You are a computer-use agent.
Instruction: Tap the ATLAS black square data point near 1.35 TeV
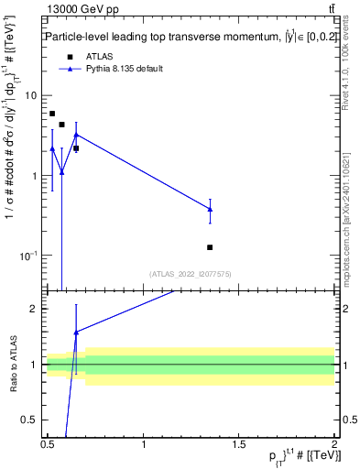[x=210, y=247]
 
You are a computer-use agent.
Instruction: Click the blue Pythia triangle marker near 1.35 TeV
[x=210, y=209]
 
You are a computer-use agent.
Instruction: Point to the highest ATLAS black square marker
[x=52, y=114]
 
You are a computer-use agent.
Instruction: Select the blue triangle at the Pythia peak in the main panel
[x=76, y=135]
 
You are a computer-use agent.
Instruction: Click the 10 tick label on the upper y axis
[x=31, y=95]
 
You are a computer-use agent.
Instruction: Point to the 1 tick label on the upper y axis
[x=34, y=175]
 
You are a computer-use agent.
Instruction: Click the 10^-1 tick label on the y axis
[x=28, y=255]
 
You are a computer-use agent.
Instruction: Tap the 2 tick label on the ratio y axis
[x=34, y=309]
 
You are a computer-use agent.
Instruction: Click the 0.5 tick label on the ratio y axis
[x=29, y=420]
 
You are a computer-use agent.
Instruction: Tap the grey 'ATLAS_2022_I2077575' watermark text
[x=191, y=274]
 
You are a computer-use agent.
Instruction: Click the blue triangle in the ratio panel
[x=76, y=332]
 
